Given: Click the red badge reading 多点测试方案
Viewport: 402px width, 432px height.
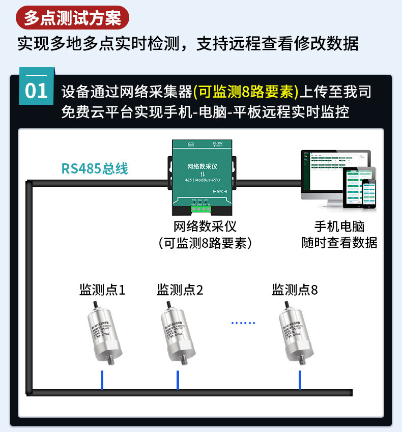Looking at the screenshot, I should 72,18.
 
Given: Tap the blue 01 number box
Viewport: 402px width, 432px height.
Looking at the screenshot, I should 36,91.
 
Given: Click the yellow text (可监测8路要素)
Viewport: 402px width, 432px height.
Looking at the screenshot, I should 246,92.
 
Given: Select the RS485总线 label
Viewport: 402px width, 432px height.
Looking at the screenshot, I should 95,168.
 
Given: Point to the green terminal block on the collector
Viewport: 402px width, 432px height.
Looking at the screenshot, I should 200,208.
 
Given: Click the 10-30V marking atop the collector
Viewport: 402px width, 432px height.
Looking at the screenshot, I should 218,145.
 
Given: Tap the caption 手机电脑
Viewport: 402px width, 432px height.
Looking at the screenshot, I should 339,227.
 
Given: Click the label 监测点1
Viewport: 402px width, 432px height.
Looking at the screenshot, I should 102,290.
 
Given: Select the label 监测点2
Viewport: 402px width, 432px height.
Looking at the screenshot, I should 180,290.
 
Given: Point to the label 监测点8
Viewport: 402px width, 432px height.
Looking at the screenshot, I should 295,290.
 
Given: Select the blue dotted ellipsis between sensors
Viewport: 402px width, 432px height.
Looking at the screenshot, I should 243,323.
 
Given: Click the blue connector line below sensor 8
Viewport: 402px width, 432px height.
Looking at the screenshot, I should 299,380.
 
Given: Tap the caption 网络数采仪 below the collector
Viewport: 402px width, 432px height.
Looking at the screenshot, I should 205,226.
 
